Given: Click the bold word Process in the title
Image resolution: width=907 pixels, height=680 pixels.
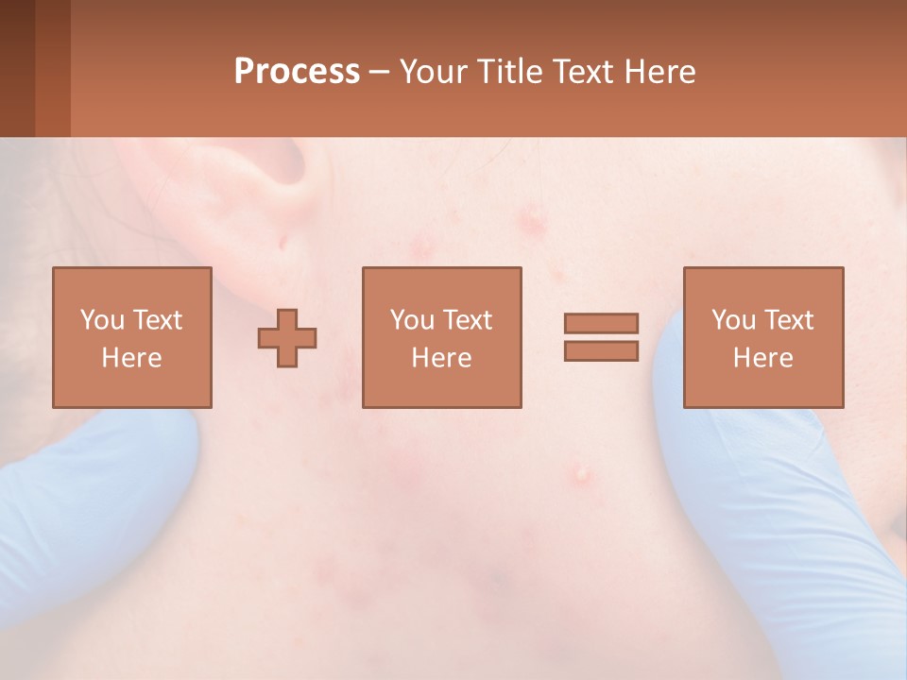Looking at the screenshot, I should coord(297,72).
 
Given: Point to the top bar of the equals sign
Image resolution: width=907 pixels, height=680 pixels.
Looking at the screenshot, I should coord(601,324).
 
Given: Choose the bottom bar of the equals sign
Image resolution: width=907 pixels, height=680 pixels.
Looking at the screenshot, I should coord(601,351).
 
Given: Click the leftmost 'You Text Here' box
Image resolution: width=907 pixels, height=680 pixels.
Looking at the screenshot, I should coord(132,337).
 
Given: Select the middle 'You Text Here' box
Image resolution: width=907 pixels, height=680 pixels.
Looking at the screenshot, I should coord(441,337).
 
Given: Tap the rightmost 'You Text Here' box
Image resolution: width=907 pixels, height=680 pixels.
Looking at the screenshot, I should coord(763,337).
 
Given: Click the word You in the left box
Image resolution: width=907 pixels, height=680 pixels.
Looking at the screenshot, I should coord(102,320).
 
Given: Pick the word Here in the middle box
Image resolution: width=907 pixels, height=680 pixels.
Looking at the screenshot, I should coord(441,358).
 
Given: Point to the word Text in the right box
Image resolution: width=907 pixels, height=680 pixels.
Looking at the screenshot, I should coord(789,320).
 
